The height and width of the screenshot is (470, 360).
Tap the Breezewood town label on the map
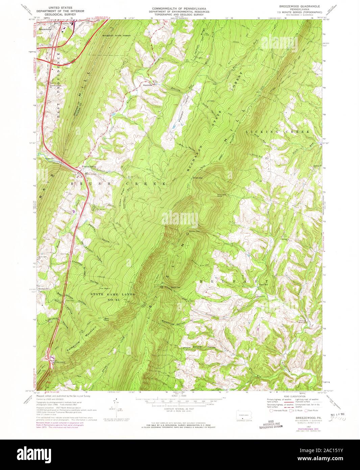(x=45, y=29)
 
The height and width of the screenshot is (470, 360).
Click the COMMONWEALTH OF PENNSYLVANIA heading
(x=179, y=7)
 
